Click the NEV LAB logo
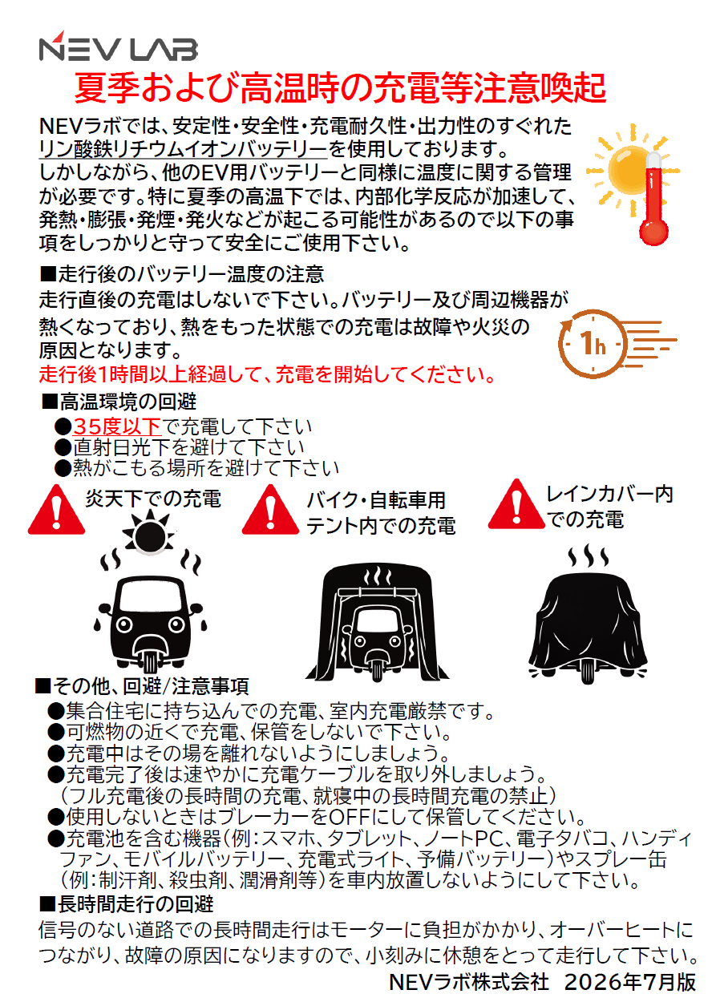(x=118, y=46)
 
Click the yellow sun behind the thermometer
(x=629, y=169)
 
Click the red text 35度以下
(x=117, y=426)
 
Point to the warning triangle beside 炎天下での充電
(x=56, y=510)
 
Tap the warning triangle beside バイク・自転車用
(x=270, y=510)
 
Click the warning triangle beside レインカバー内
(x=516, y=503)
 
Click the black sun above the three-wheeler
(x=150, y=534)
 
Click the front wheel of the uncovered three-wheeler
(x=150, y=663)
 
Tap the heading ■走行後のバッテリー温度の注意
(x=182, y=274)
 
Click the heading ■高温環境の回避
(x=119, y=402)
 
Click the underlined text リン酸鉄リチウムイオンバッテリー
(x=184, y=149)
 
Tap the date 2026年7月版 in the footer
(x=630, y=982)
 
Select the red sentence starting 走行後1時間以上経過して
(x=268, y=374)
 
